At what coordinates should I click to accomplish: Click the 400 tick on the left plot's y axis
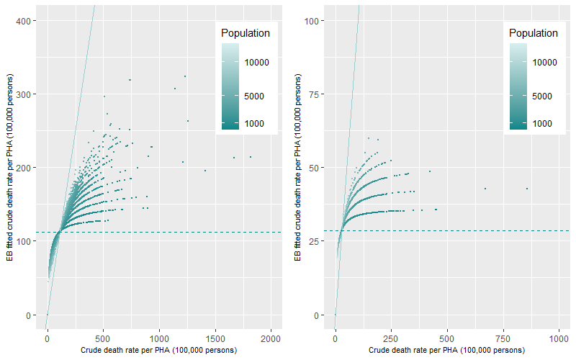pos(27,21)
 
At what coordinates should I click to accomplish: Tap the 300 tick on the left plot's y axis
pos(27,94)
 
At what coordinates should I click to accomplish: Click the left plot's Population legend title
pos(246,33)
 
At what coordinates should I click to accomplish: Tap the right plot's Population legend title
pos(533,33)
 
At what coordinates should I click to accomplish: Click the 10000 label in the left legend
pos(256,63)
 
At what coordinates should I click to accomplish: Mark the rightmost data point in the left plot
pos(251,157)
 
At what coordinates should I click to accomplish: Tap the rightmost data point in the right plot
pos(527,189)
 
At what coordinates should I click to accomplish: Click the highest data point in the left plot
pos(185,76)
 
